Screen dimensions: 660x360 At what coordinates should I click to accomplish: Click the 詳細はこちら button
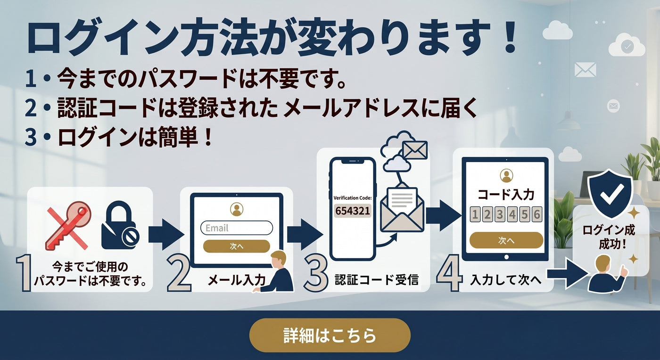(330, 335)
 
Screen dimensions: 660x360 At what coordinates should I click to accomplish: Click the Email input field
(237, 228)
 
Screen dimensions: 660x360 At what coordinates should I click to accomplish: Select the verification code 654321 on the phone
(353, 211)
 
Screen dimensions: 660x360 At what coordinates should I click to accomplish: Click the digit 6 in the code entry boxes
(537, 214)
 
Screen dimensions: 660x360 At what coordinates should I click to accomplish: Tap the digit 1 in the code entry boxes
(475, 214)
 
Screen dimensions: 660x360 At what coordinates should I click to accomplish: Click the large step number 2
(179, 273)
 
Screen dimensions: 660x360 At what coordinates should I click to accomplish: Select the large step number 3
(315, 273)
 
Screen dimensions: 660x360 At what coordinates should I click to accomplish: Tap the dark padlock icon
(120, 225)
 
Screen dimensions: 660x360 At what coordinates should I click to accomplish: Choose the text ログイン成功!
(609, 237)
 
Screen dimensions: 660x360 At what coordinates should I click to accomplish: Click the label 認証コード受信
(377, 279)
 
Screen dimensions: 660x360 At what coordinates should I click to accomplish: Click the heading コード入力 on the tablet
(506, 195)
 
